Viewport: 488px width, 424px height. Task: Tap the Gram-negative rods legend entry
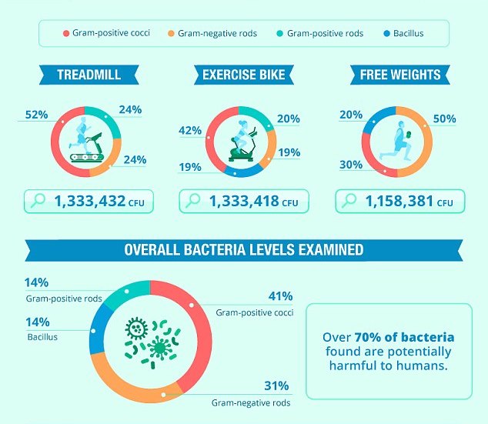(x=216, y=34)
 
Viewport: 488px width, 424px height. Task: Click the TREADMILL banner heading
(x=88, y=75)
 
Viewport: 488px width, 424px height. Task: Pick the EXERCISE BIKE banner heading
(x=243, y=75)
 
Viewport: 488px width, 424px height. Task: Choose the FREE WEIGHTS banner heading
(x=400, y=75)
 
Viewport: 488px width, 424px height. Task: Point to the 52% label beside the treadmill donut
(x=35, y=115)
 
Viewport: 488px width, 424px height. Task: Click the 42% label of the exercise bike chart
(x=189, y=130)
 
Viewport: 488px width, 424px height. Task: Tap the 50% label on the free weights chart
(x=444, y=119)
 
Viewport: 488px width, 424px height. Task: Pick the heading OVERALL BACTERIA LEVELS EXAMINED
(x=243, y=250)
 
